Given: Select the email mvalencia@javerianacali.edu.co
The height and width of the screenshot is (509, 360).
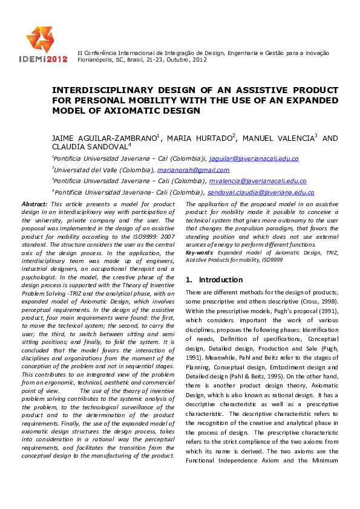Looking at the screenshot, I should tap(258, 181).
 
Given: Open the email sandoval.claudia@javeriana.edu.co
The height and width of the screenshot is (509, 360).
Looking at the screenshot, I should tap(261, 192).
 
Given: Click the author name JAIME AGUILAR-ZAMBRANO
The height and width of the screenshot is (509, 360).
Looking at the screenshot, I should tap(103, 138).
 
